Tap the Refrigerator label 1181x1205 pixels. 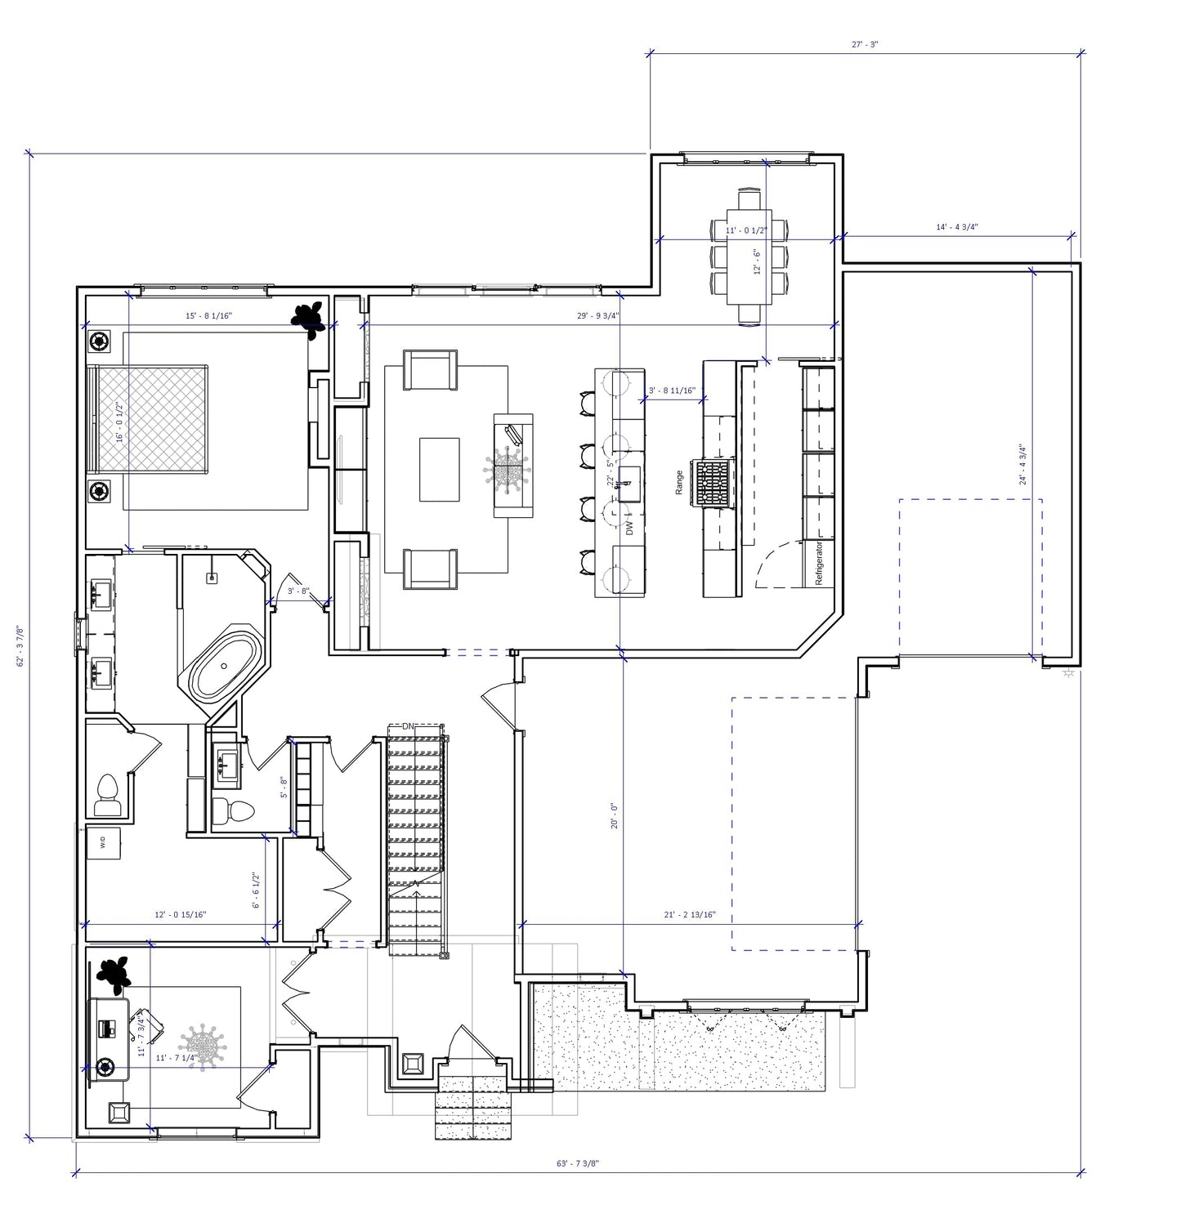pos(818,562)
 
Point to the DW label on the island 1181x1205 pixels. pos(629,528)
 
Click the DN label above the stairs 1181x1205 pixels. pos(409,725)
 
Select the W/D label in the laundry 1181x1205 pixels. pos(103,842)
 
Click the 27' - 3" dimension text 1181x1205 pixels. pos(864,45)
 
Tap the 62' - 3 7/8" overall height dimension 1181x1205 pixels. pos(20,646)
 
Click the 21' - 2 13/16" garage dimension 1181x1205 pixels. pos(690,915)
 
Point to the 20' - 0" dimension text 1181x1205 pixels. pos(614,815)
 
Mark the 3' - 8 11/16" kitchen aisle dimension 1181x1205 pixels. pos(672,391)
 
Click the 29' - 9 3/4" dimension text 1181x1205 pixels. pos(597,315)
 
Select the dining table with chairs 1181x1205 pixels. pos(749,257)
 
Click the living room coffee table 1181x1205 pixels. pos(440,469)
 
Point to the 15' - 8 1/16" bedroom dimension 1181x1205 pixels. pos(209,315)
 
